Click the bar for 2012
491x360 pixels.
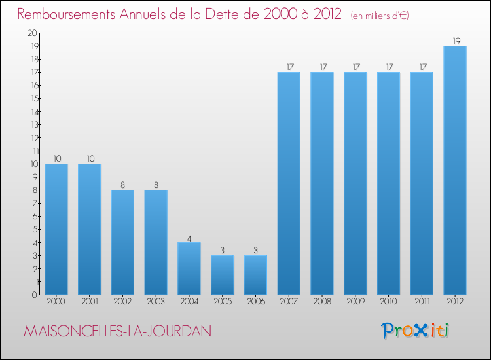455,170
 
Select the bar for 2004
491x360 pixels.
189,268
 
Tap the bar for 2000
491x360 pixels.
56,229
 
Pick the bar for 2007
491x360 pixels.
289,183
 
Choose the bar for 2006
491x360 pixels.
255,275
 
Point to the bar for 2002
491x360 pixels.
122,242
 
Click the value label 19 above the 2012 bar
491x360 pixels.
455,41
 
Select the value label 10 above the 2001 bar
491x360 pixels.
90,158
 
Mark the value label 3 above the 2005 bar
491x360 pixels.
223,251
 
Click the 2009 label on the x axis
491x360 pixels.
355,301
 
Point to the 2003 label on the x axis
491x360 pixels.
156,301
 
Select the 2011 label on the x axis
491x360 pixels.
422,301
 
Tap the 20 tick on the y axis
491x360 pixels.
32,33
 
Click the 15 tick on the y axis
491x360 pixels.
32,98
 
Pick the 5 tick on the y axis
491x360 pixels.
33,229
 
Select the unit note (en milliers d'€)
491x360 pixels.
371,15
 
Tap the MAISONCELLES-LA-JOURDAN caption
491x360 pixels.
117,331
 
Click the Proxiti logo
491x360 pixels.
414,331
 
